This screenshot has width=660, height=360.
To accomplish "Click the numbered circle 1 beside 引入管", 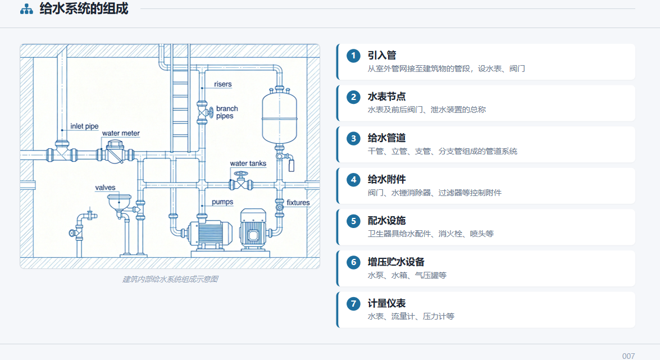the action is click(353, 56).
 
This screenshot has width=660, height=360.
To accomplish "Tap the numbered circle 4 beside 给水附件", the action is click(353, 180).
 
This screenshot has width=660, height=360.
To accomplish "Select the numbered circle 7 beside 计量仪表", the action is click(353, 304).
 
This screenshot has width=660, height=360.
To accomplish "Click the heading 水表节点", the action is click(386, 97).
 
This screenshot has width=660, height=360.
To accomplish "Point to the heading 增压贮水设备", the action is click(396, 262).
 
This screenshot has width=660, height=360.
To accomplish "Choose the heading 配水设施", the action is click(386, 221).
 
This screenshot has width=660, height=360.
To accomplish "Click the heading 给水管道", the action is click(386, 138).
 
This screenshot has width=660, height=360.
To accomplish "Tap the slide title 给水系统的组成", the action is click(84, 8).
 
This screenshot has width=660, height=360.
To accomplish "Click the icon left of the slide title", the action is click(26, 9).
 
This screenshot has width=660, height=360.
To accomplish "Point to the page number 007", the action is click(629, 356).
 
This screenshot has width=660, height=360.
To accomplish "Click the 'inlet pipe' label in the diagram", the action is click(84, 126).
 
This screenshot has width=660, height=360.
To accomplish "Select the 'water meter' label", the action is click(121, 133).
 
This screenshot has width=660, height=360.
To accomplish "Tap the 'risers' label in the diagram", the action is click(222, 84).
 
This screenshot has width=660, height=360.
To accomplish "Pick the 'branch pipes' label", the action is click(227, 112).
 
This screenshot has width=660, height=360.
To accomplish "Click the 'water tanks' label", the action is click(248, 163).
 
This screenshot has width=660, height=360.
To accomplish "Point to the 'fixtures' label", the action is click(298, 203).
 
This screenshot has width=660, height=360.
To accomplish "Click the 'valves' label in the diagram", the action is click(105, 188).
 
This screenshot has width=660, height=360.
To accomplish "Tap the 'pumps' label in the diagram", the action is click(222, 202).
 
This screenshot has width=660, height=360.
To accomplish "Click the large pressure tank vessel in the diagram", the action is click(280, 116).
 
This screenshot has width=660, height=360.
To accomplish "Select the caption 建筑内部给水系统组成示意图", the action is click(170, 279).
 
